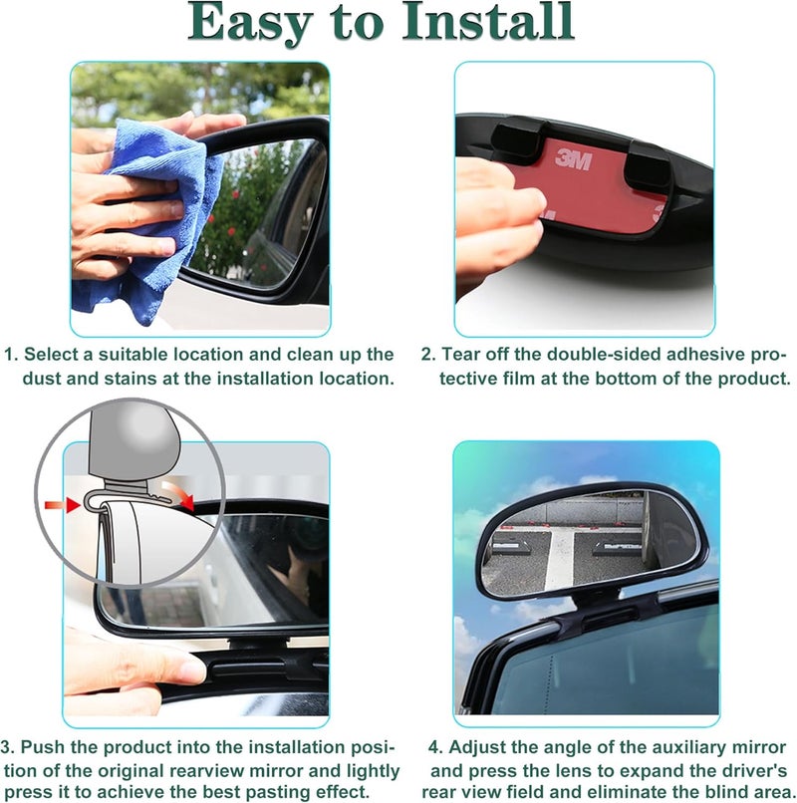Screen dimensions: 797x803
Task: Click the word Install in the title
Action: [x=487, y=22]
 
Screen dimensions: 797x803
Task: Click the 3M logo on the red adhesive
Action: [x=573, y=160]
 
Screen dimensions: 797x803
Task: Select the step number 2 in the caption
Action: [x=428, y=355]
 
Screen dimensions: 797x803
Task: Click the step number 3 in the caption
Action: [x=6, y=747]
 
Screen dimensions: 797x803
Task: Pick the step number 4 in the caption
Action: [x=435, y=747]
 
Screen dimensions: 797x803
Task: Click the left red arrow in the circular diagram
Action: [x=63, y=505]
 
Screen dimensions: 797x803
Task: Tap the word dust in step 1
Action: [x=42, y=379]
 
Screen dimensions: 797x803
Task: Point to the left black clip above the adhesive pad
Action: [x=515, y=140]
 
